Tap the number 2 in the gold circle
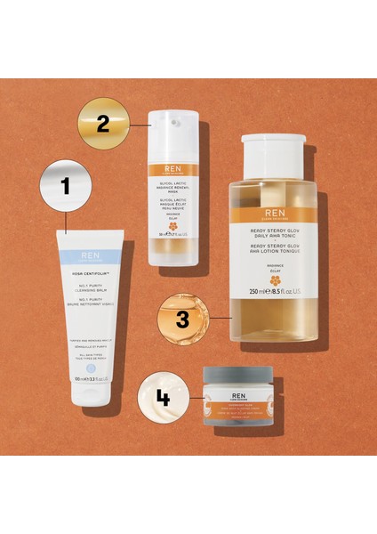tap(103, 123)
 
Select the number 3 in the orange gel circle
tap(182, 319)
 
